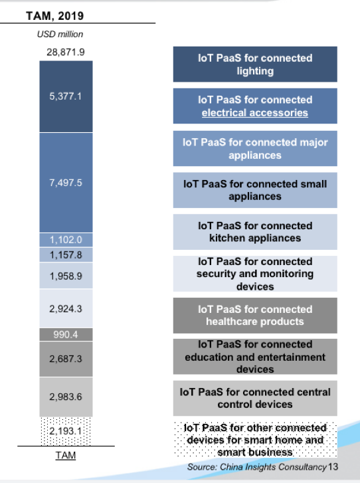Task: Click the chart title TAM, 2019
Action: (x=55, y=16)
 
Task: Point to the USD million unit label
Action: (x=60, y=34)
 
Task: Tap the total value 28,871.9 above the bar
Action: (x=66, y=52)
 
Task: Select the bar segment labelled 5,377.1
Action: (x=66, y=96)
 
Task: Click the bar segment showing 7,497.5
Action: (x=66, y=183)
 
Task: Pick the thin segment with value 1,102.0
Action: (x=66, y=240)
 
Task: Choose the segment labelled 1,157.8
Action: (x=66, y=254)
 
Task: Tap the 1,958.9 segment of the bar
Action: (x=66, y=276)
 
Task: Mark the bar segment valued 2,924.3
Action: (x=66, y=308)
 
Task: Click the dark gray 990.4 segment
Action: (x=66, y=335)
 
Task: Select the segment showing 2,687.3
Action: (x=66, y=359)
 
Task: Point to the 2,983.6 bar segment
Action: (x=66, y=397)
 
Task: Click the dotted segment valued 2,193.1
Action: (x=66, y=431)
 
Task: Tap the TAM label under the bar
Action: (x=66, y=455)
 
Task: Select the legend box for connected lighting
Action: (x=255, y=64)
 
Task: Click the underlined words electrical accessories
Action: (x=254, y=113)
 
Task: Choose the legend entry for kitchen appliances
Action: (x=255, y=232)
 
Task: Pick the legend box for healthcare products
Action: (x=255, y=316)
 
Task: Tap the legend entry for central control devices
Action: (x=255, y=398)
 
